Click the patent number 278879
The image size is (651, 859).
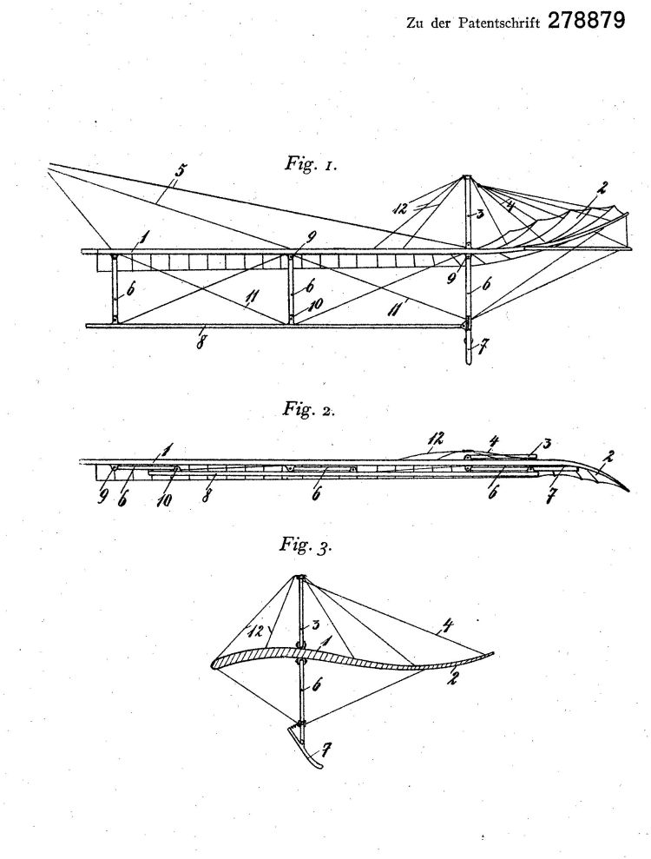(x=586, y=21)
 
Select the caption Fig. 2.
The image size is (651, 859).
(x=308, y=409)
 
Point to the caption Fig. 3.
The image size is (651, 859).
(x=306, y=545)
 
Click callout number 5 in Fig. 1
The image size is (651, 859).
(x=179, y=170)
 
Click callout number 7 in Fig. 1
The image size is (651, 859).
(x=482, y=347)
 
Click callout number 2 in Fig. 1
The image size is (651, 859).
(x=602, y=188)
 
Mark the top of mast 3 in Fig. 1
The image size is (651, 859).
(x=465, y=176)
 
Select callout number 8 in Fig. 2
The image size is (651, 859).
(x=206, y=497)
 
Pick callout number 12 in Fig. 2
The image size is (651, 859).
(x=437, y=439)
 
